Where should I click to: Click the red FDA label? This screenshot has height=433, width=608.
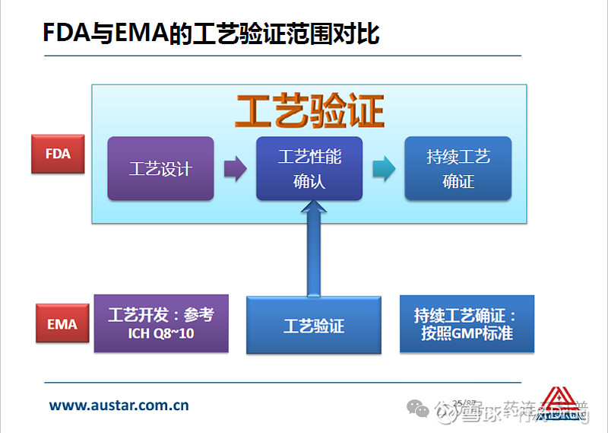tap(58, 154)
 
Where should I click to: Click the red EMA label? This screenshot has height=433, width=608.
tap(62, 324)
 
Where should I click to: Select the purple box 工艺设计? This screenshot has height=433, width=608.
tap(160, 169)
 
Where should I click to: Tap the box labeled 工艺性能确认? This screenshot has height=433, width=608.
tap(309, 169)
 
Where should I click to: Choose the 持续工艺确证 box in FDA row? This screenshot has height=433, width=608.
tap(458, 169)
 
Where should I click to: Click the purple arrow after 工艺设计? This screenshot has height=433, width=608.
tap(236, 169)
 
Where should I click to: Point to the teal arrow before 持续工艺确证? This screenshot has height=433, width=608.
tap(384, 169)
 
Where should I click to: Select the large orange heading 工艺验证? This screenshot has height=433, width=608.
tap(309, 111)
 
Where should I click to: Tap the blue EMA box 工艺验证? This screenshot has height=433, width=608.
tap(314, 326)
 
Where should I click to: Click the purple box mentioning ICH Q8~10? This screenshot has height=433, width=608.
tap(161, 323)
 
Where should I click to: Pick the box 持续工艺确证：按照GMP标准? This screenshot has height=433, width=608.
tap(467, 323)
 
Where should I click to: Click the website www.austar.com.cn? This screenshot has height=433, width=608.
tap(119, 406)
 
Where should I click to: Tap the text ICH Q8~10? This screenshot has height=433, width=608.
tap(161, 333)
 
